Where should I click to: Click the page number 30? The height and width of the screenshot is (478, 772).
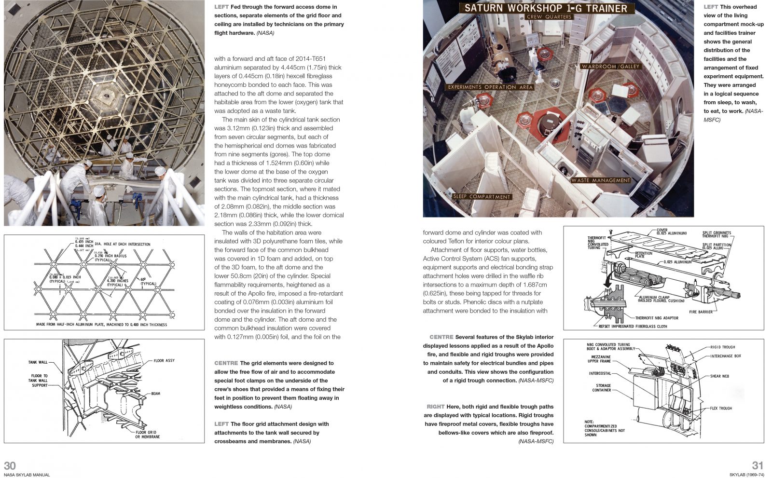[10, 465]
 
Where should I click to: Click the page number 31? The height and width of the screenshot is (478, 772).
[758, 465]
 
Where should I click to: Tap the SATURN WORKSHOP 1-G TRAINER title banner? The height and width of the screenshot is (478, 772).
[546, 8]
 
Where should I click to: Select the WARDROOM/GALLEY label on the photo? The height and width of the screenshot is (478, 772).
[610, 67]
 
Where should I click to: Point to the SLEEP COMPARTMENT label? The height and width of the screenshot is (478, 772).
[482, 197]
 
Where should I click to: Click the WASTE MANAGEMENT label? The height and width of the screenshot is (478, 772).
[601, 180]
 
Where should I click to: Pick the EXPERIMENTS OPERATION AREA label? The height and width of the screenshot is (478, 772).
[490, 87]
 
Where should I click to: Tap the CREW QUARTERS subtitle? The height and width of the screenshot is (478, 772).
[549, 17]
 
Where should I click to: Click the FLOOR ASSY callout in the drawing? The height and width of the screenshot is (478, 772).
[164, 361]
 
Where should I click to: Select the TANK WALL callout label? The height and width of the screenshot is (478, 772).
[38, 362]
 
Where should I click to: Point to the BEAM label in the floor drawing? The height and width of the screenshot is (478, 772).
[155, 394]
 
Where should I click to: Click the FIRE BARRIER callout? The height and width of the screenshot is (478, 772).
[701, 312]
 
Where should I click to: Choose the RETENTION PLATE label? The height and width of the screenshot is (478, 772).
[643, 255]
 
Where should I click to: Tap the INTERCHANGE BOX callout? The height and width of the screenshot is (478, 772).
[725, 356]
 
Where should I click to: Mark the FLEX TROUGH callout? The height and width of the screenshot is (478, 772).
[721, 409]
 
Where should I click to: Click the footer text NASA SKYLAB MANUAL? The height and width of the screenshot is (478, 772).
[27, 475]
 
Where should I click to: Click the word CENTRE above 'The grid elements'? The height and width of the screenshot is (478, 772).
[226, 363]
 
